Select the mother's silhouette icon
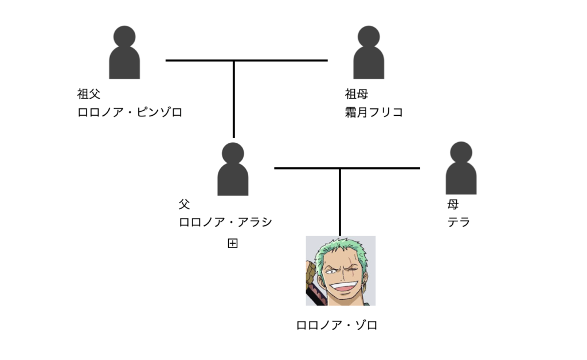click(461, 169)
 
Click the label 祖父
click(89, 94)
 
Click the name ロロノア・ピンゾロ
click(130, 112)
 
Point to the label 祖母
click(356, 94)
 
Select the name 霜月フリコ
click(374, 112)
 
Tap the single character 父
click(184, 204)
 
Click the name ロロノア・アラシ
click(225, 222)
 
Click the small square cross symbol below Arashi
click(233, 244)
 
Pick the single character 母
click(453, 204)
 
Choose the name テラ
click(459, 222)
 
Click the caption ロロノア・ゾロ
click(337, 326)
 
